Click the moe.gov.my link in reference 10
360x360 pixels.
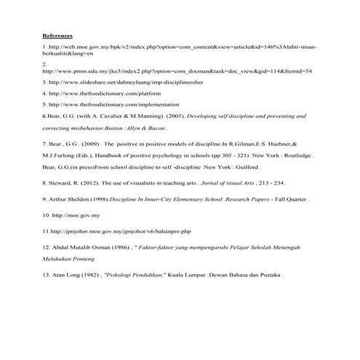[x=79, y=216]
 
